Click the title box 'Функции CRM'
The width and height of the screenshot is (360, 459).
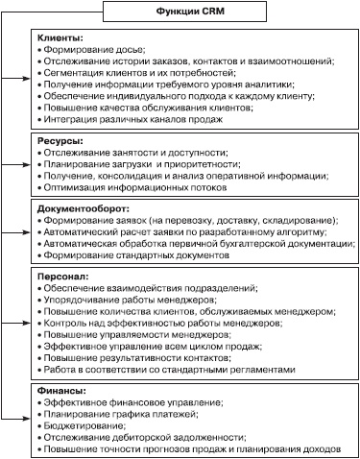pyautogui.click(x=180, y=12)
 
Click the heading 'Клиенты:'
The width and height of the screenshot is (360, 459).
pyautogui.click(x=58, y=36)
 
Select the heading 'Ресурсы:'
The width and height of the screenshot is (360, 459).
pyautogui.click(x=57, y=141)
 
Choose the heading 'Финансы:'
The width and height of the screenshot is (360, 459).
pyautogui.click(x=60, y=391)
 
